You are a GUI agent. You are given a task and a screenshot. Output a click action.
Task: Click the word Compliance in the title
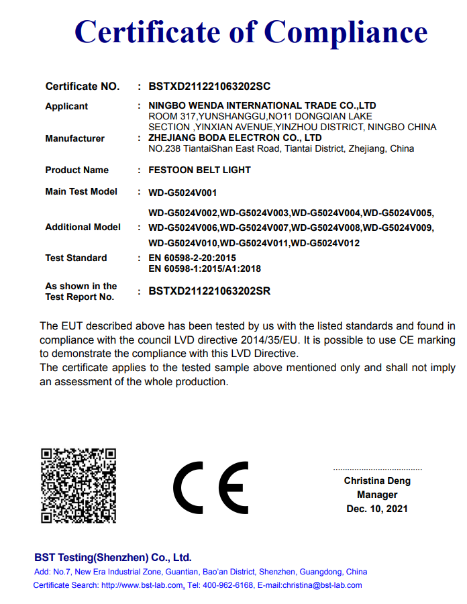pos(346,32)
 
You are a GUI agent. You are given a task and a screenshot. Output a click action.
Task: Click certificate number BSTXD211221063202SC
pos(209,87)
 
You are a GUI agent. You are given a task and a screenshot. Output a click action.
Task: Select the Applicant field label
pos(66,106)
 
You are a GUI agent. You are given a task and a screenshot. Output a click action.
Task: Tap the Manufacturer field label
pos(74,138)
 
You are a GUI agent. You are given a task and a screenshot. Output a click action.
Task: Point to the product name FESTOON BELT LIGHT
pos(199,170)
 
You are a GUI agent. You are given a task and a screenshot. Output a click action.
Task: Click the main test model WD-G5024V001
pos(183,193)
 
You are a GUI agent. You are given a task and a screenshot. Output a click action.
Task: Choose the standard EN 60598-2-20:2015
pos(192,258)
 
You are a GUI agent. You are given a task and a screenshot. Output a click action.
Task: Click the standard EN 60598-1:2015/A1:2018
pos(205,268)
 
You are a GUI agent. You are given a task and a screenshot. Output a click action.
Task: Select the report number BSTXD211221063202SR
pos(209,291)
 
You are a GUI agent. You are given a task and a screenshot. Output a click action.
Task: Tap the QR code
pos(79,485)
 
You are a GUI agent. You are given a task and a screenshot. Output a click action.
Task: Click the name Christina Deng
pos(377,481)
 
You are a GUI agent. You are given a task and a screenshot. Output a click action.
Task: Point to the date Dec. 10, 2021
pos(377,509)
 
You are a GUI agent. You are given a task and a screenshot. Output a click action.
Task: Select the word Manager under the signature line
pos(377,495)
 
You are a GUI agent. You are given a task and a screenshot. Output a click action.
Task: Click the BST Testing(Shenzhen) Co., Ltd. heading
pos(113,558)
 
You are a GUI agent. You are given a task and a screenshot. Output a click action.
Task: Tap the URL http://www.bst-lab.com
pos(142,585)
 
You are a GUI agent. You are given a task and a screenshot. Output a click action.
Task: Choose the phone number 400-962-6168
pos(229,585)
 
